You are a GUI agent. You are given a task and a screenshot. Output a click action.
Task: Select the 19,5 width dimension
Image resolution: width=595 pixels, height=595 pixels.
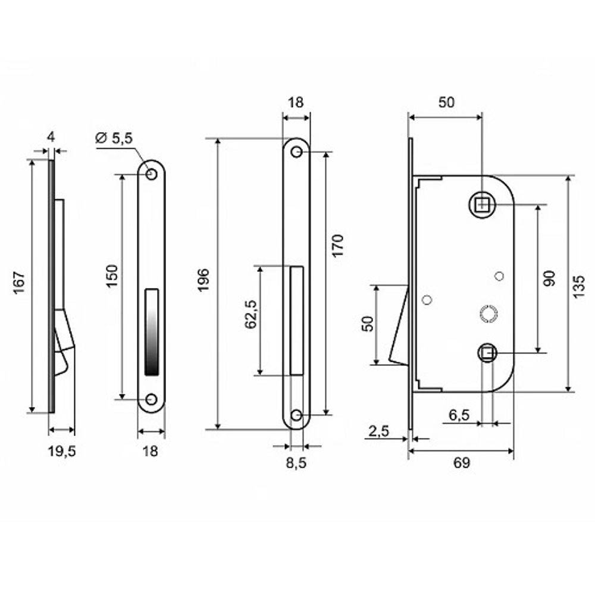(62, 450)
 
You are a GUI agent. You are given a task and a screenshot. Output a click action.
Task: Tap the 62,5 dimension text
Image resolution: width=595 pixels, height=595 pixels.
(250, 315)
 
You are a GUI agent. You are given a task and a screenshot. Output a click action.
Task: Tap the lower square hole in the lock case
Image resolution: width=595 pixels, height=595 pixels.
(487, 353)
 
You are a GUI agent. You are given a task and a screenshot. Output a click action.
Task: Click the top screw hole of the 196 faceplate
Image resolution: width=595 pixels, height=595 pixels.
(296, 153)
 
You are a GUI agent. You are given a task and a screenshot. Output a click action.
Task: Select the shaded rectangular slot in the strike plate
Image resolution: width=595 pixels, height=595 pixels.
(152, 331)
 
